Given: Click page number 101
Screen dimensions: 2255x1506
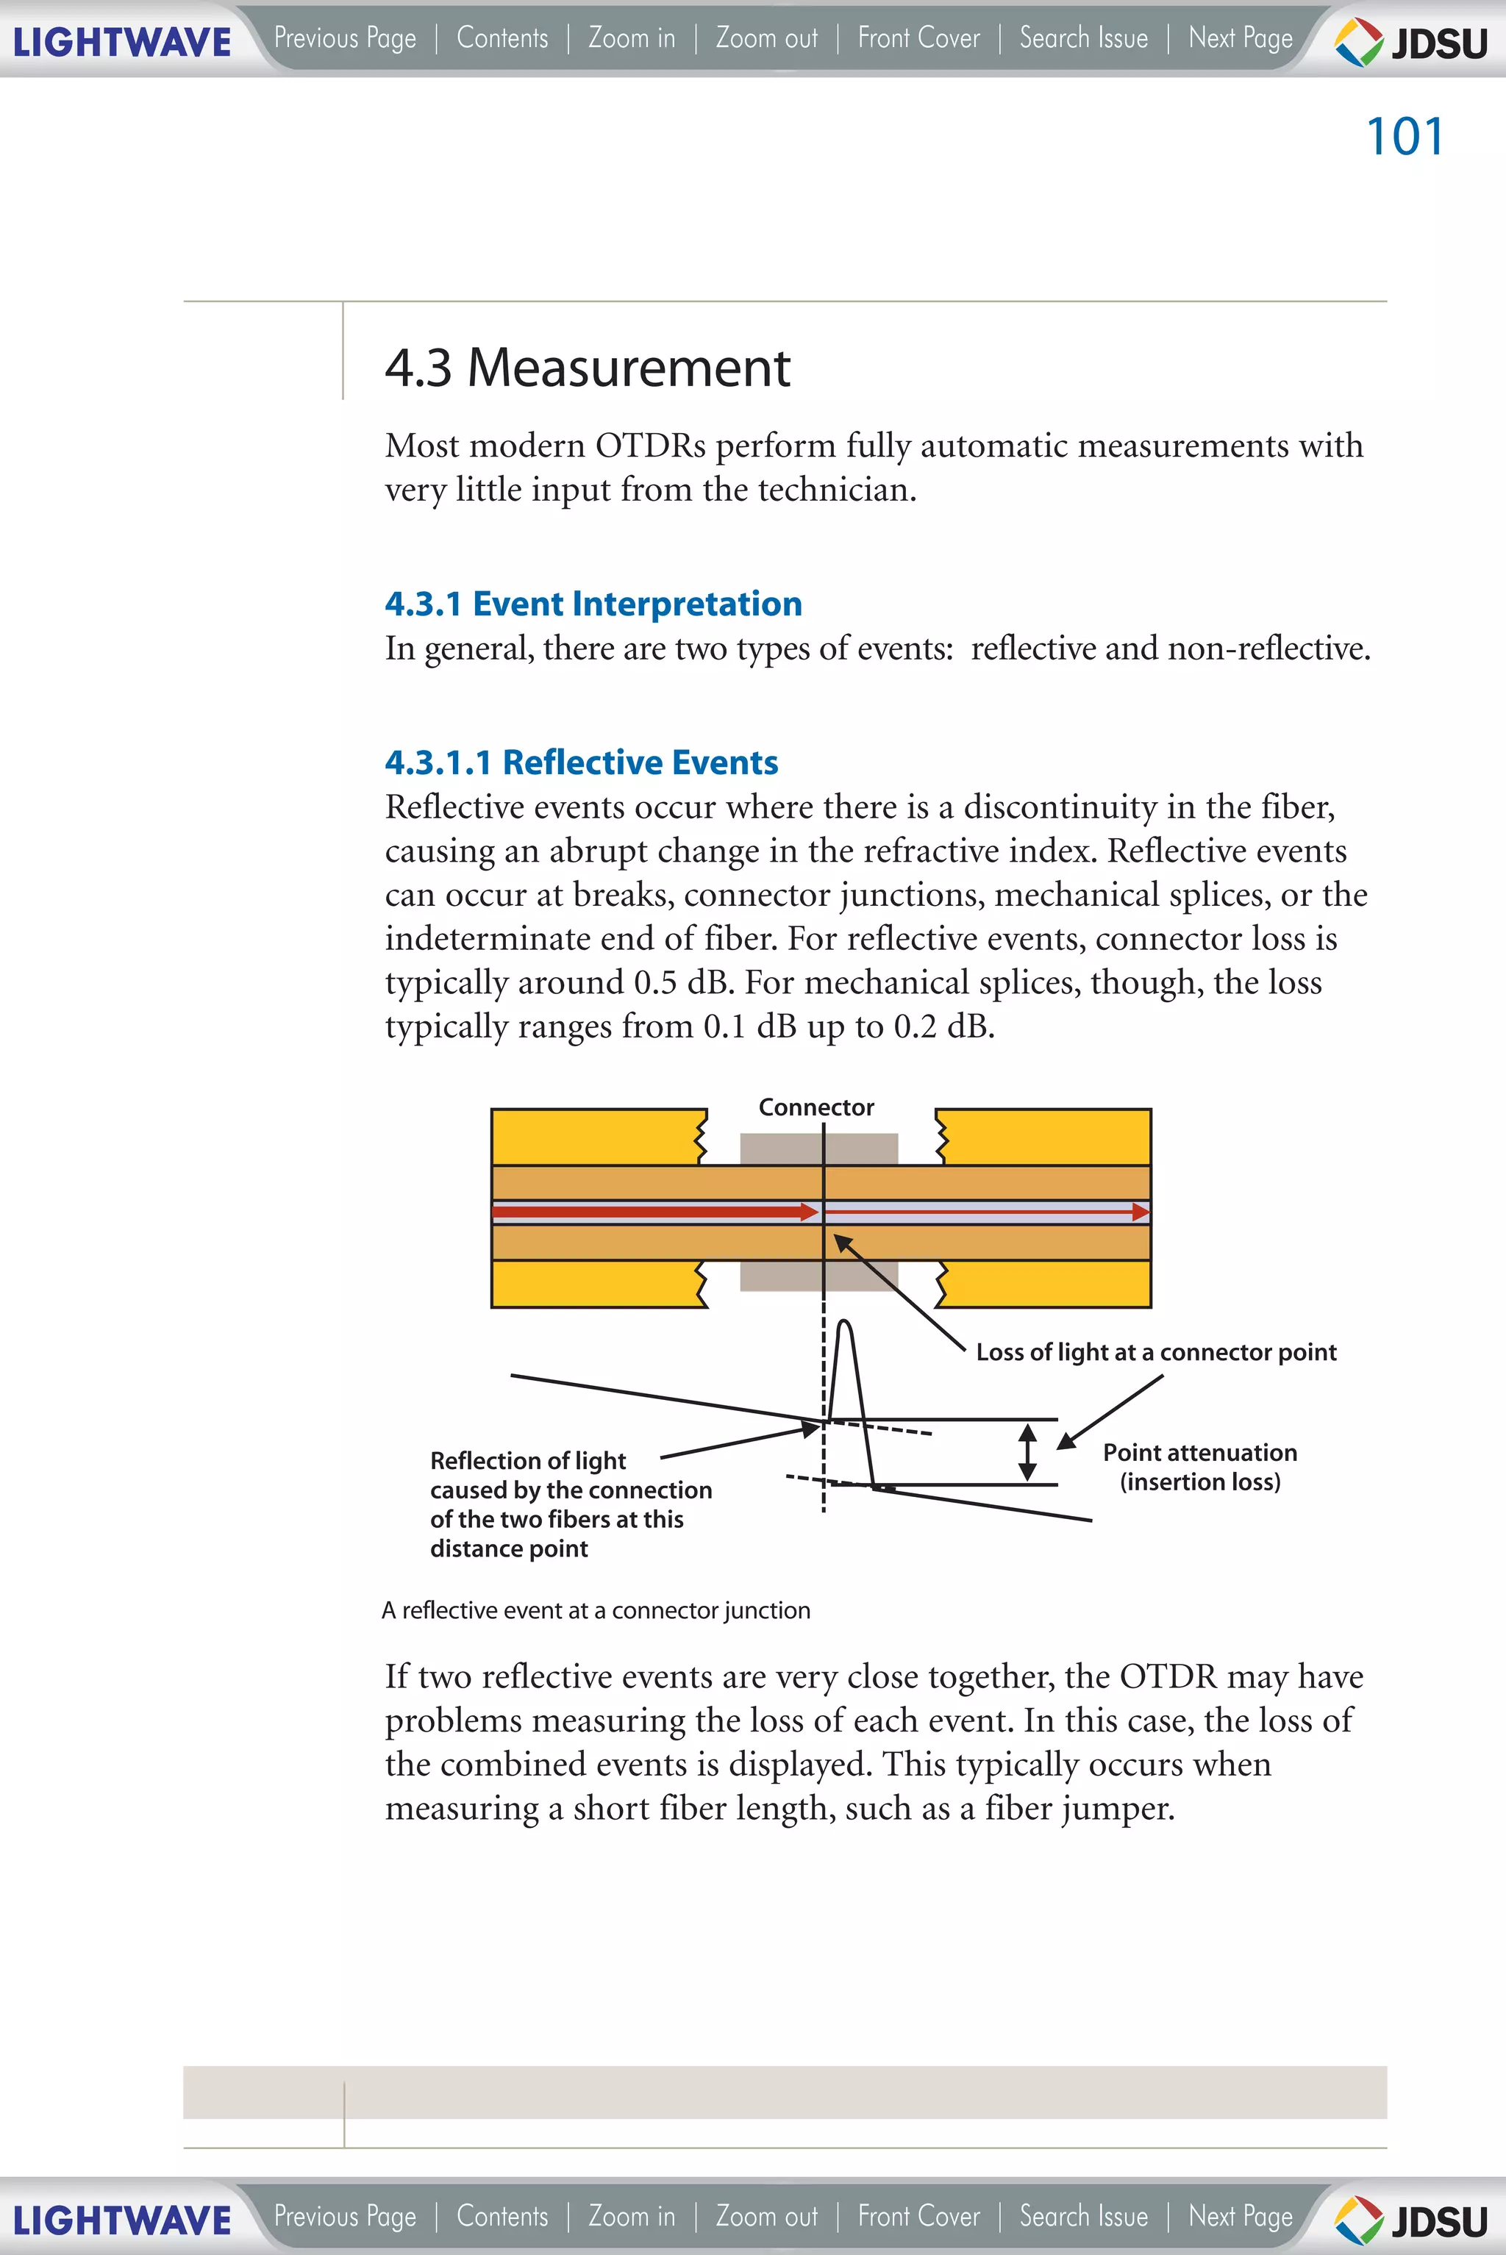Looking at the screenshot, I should coord(1405,136).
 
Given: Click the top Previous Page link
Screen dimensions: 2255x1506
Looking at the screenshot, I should coord(345,38).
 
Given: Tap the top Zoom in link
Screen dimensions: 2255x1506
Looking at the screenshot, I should coord(631,38).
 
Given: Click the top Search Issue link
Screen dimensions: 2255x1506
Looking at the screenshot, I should coord(1083,38).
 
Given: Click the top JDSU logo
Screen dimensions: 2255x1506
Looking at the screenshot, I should coord(1412,42).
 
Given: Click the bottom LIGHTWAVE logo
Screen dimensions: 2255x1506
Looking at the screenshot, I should coord(122,2220).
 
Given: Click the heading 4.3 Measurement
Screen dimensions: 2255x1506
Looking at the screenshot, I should coord(587,368).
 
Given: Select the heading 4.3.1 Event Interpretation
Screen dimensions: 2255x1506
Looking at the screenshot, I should coord(593,603).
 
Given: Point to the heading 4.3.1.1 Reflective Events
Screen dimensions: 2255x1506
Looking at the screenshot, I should coord(581,762).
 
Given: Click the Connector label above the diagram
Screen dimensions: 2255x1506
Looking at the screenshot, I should coord(816,1107).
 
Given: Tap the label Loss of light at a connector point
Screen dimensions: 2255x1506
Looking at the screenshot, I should coord(1155,1352).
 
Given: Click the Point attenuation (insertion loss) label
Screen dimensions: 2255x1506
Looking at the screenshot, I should coord(1199,1467).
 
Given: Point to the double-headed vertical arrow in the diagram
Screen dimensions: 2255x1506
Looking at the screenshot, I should coord(1027,1451).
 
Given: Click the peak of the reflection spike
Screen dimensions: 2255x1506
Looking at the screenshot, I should coord(845,1326).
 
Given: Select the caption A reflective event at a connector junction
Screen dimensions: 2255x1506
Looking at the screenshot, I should coord(596,1611).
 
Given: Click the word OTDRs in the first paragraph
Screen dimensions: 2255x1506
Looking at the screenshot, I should coord(649,446).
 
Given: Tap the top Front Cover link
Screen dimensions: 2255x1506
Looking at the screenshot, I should coord(918,38).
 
